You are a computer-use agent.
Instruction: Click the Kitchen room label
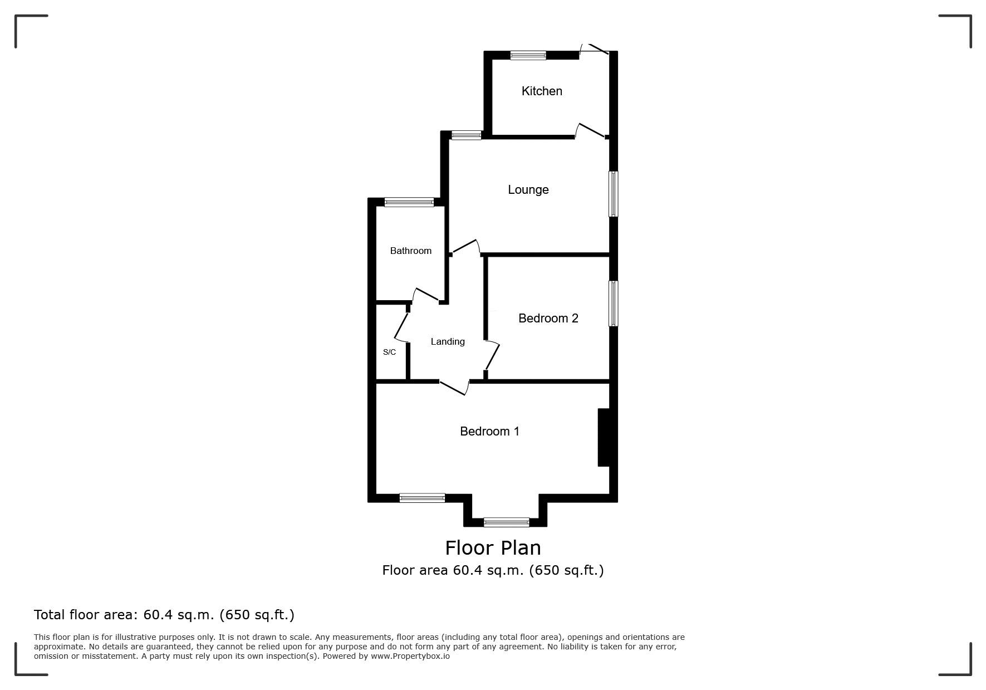pos(542,91)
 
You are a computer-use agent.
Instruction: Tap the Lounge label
pos(528,190)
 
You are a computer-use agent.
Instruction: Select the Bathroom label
pos(411,251)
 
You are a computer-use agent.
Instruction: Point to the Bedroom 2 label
pos(548,318)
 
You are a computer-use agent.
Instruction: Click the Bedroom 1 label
pos(490,431)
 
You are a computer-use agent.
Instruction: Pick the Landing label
pos(448,342)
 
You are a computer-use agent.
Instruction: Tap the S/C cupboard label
pos(389,352)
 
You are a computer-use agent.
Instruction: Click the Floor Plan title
pos(493,548)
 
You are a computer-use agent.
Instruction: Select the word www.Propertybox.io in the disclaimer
pos(410,656)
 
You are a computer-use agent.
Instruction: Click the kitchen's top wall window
pos(528,55)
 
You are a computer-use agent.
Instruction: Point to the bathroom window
pos(409,202)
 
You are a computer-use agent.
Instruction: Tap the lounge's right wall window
pos(614,194)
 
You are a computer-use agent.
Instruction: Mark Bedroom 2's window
pos(614,304)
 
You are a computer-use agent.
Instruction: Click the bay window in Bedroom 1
pos(507,522)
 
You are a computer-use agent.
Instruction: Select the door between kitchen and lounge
pos(590,131)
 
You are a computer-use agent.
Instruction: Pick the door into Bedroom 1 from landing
pos(454,388)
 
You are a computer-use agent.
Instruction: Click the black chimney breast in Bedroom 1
pos(605,438)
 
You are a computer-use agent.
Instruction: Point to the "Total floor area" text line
pos(164,615)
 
